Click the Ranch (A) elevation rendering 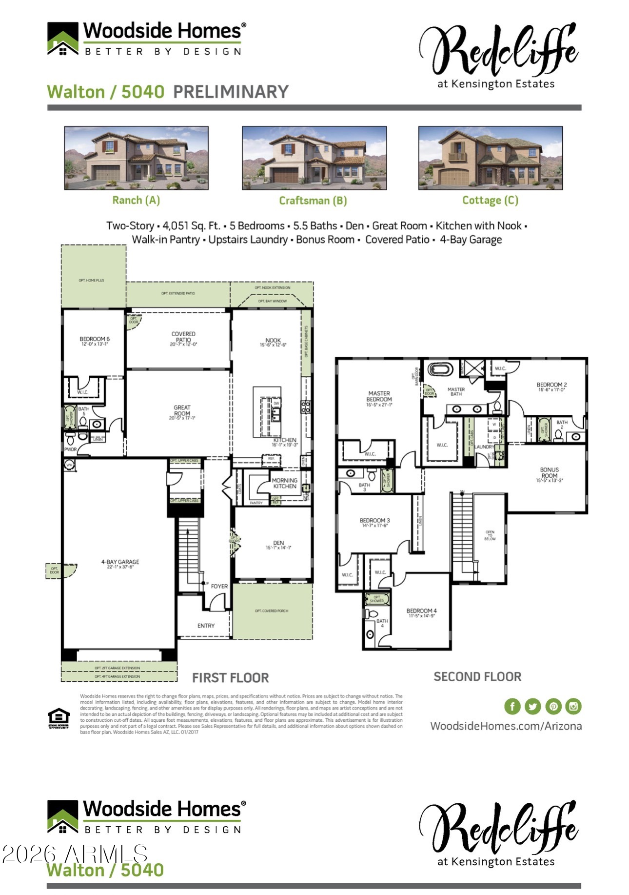click(x=136, y=158)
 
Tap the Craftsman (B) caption click(x=313, y=201)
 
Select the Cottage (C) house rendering click(x=490, y=158)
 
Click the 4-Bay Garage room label click(x=120, y=564)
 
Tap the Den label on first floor click(x=278, y=545)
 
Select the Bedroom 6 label click(x=95, y=341)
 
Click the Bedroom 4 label click(x=421, y=612)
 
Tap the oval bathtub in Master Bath click(x=440, y=369)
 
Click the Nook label click(x=273, y=342)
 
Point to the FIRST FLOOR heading click(x=230, y=678)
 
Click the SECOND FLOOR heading click(x=477, y=677)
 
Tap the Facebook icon click(x=512, y=706)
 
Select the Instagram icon click(x=573, y=706)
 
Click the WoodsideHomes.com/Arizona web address click(x=506, y=726)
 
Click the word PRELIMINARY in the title click(x=231, y=92)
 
